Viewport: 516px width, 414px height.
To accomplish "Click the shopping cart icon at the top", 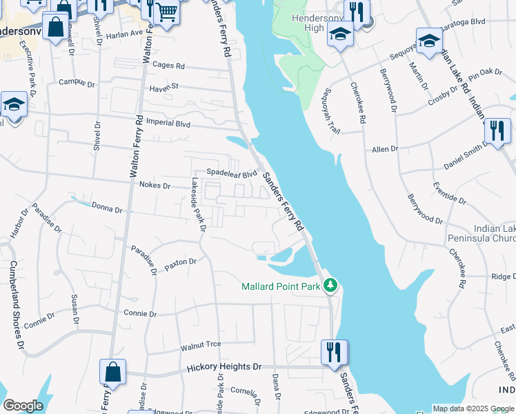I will [x=166, y=12].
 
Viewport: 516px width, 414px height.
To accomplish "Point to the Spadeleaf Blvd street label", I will [x=232, y=173].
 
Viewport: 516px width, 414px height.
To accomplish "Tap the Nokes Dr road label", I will [x=155, y=186].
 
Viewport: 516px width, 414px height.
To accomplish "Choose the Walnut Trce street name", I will [x=200, y=344].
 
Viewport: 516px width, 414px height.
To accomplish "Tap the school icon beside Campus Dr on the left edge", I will [x=13, y=105].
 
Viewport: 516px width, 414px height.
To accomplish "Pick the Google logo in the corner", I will [x=23, y=405].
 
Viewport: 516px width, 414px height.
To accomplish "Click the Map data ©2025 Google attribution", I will [x=473, y=408].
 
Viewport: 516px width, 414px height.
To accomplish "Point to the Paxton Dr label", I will [x=181, y=263].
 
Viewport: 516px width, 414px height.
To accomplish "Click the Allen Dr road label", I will [x=385, y=149].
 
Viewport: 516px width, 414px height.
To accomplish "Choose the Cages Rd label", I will [x=169, y=66].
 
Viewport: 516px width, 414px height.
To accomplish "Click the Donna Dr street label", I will [x=106, y=207].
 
